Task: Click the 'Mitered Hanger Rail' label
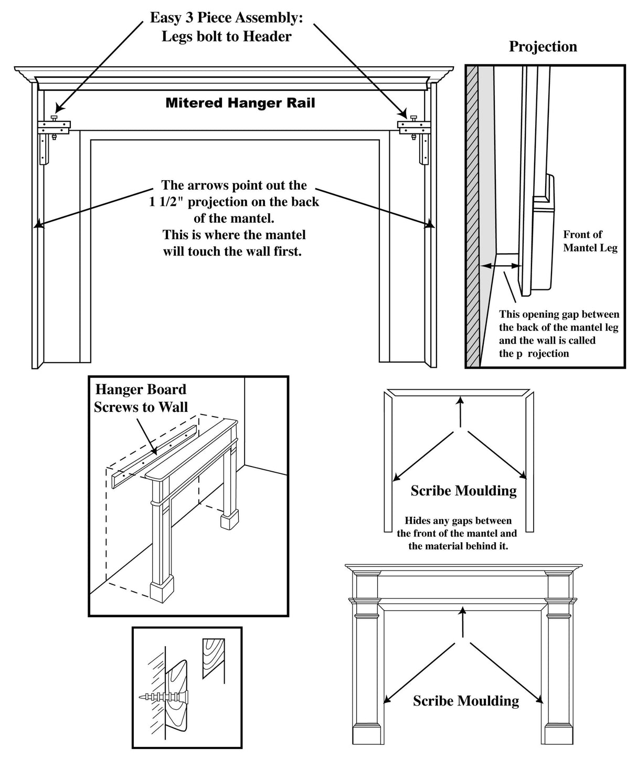[240, 103]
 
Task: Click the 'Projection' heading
[543, 47]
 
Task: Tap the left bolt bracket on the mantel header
[54, 127]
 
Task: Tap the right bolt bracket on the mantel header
[414, 127]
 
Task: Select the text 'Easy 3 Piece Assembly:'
[226, 18]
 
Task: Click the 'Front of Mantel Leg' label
[590, 241]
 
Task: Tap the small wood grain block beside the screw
[214, 656]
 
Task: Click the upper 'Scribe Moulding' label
[463, 491]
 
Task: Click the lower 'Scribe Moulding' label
[465, 701]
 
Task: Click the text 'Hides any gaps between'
[458, 521]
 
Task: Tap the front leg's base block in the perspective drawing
[161, 591]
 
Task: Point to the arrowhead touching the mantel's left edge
[37, 226]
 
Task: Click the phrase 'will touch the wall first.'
[232, 251]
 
